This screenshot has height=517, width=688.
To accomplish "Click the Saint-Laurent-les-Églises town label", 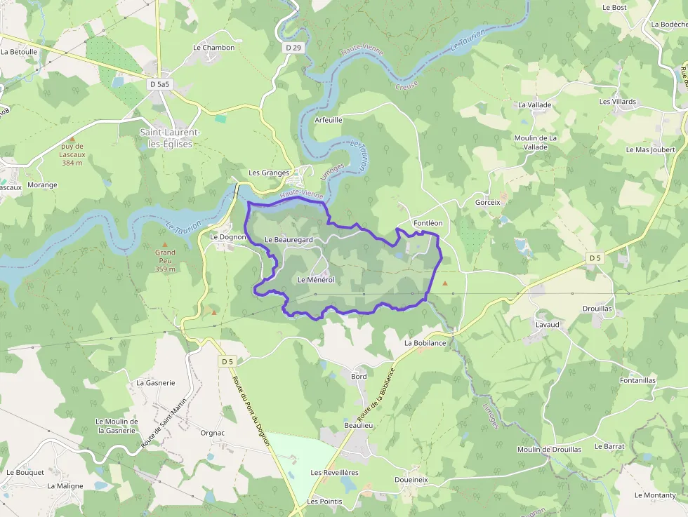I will pos(170,138).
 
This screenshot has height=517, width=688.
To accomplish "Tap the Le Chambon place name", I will pos(214,48).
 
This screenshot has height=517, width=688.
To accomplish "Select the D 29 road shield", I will pos(293,48).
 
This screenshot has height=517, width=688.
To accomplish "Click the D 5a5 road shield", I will pos(160,84).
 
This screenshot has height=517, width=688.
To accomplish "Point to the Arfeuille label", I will pos(329,120).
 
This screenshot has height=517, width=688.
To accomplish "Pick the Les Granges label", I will pos(269,173).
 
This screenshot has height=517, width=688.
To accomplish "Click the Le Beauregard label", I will pos(289,240).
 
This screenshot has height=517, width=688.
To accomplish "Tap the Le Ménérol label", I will pos(316,279).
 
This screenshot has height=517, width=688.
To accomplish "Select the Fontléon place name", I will pos(428,223).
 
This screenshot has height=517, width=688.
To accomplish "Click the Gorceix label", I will pos(488,202).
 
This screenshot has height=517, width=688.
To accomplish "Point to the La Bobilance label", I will pos(425,343).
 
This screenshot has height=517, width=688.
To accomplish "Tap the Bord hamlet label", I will pos(359,377).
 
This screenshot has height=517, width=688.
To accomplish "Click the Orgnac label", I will pos(212,433).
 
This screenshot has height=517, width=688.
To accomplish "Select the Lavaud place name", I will pos(548,325).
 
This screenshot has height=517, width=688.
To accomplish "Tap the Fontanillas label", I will pos(638,380).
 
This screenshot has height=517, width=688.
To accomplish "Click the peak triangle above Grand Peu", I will pos(165,244).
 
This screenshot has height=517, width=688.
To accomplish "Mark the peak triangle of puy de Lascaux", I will pos(72,140).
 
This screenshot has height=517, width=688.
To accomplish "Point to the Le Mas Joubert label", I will pos(651,149).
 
